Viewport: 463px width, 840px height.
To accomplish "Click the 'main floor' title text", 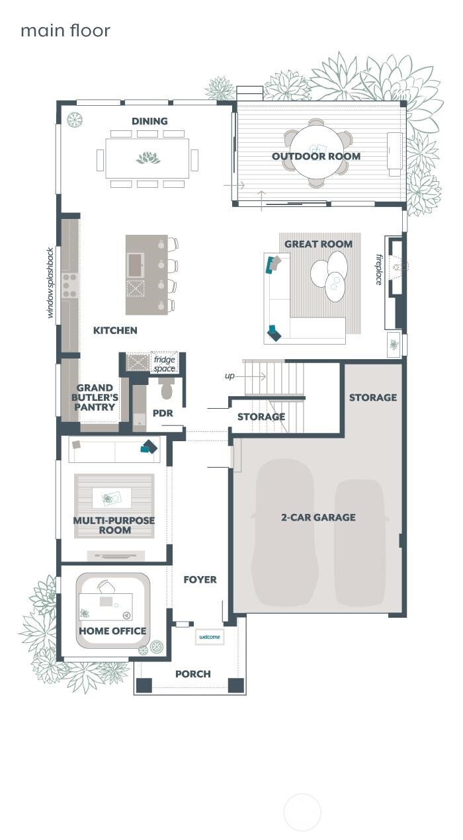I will pyautogui.click(x=65, y=30).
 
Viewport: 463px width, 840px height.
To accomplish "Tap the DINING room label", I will pyautogui.click(x=149, y=121).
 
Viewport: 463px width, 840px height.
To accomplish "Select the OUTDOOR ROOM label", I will pyautogui.click(x=316, y=156).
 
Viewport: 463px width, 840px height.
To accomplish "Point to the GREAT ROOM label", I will pyautogui.click(x=318, y=244).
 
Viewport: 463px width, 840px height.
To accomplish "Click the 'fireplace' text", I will pyautogui.click(x=380, y=269).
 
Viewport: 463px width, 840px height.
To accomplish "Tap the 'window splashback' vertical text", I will pyautogui.click(x=50, y=283).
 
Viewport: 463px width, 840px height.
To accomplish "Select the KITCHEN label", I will pyautogui.click(x=115, y=330).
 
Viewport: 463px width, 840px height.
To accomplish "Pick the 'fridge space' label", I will pyautogui.click(x=163, y=363).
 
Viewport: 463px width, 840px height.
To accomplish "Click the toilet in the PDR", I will pyautogui.click(x=165, y=390).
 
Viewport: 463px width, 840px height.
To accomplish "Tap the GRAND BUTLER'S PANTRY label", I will pyautogui.click(x=95, y=398).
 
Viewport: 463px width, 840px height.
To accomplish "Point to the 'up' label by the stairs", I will pyautogui.click(x=230, y=376).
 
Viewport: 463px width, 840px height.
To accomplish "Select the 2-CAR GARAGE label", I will pyautogui.click(x=318, y=517).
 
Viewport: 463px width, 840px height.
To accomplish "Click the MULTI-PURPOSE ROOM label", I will pyautogui.click(x=114, y=525).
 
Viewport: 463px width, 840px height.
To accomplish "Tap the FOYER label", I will pyautogui.click(x=200, y=579).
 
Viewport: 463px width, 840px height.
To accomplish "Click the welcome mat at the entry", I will pyautogui.click(x=210, y=637).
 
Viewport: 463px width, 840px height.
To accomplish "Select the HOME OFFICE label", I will pyautogui.click(x=112, y=631).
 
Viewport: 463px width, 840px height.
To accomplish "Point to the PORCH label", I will pyautogui.click(x=193, y=674).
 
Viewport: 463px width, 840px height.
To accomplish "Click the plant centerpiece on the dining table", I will pyautogui.click(x=147, y=158).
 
